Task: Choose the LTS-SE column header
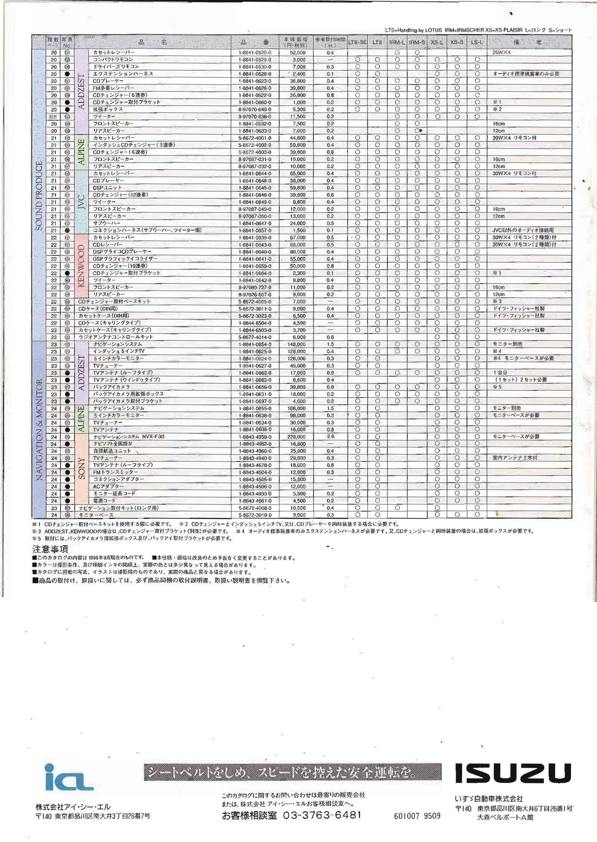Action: click(x=357, y=43)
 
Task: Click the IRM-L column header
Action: click(x=397, y=43)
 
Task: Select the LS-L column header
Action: click(x=476, y=43)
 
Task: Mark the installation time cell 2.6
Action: click(x=330, y=437)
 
